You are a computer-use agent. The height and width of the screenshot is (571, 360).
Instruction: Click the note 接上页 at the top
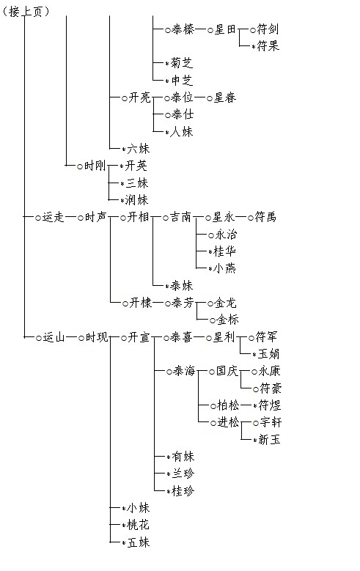[26, 12]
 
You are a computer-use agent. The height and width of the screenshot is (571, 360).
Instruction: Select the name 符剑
[268, 29]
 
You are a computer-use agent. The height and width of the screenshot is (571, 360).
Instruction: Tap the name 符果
[268, 46]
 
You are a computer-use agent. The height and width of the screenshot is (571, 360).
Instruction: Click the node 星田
[225, 29]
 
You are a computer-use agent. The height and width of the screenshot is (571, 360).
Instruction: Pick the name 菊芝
[181, 63]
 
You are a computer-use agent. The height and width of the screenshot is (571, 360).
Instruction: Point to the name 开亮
[139, 97]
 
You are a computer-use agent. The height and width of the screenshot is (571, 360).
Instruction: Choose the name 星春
[225, 97]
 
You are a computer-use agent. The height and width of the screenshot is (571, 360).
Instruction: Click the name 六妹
[139, 149]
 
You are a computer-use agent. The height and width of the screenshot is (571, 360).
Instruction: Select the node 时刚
[95, 166]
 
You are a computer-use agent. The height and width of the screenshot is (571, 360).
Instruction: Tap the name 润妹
[137, 200]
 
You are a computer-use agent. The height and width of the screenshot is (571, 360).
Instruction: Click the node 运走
[54, 217]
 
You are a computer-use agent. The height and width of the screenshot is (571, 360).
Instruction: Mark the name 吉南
[181, 217]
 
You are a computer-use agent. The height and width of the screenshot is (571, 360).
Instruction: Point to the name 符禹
[265, 217]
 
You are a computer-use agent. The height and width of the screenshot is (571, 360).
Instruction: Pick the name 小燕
[224, 268]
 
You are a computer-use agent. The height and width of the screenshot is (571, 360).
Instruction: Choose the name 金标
[228, 320]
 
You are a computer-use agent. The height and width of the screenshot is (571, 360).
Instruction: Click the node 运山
[54, 337]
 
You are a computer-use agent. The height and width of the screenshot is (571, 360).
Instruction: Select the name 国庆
[227, 371]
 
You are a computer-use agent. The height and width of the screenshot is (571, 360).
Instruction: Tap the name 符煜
[270, 405]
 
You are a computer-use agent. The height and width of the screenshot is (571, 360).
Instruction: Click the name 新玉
[270, 440]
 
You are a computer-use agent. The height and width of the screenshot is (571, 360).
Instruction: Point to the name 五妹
[139, 542]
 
